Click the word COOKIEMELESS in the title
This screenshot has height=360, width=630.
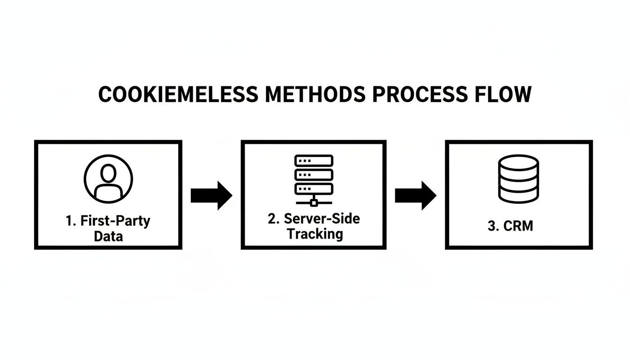click(x=178, y=95)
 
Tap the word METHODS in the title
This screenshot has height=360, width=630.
click(x=315, y=95)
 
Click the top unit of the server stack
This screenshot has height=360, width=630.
click(x=314, y=160)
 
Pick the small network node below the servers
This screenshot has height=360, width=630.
click(x=314, y=202)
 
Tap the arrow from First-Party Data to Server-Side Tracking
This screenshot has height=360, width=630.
click(x=211, y=195)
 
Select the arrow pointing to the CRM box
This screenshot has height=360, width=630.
click(x=415, y=195)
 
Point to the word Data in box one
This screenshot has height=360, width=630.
click(x=108, y=236)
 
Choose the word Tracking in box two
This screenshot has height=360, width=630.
click(x=315, y=233)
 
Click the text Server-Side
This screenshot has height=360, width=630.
click(x=322, y=219)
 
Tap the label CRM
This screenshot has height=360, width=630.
click(x=518, y=226)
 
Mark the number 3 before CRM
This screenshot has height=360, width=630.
click(x=492, y=226)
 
